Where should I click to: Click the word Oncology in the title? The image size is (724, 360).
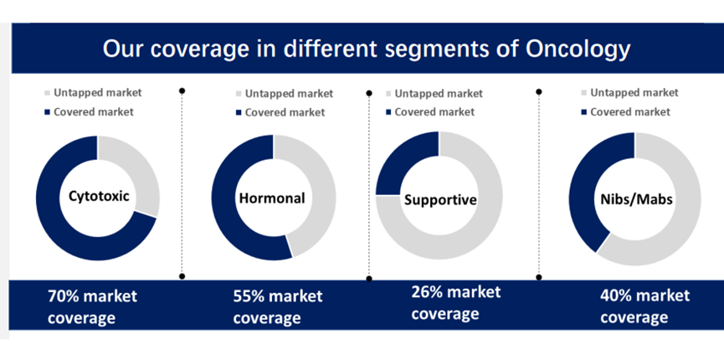pos(578,49)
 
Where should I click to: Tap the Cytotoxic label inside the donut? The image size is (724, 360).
pos(100,197)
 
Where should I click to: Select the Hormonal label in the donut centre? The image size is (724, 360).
pos(272,198)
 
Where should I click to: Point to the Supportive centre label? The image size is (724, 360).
pos(440,199)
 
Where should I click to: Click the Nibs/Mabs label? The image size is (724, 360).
pos(637,199)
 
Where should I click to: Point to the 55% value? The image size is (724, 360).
pos(248,296)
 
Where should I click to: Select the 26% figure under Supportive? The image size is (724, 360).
pos(426,292)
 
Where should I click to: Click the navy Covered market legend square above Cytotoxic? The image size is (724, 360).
pos(47,112)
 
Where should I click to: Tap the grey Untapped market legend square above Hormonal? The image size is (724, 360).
pos(239,94)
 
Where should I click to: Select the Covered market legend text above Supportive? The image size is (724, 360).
pos(434,112)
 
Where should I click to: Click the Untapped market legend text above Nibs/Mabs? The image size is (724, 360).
pos(634,93)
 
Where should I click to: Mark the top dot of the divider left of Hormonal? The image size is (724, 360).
pos(182,91)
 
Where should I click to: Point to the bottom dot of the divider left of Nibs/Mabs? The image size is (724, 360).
pos(539,277)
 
